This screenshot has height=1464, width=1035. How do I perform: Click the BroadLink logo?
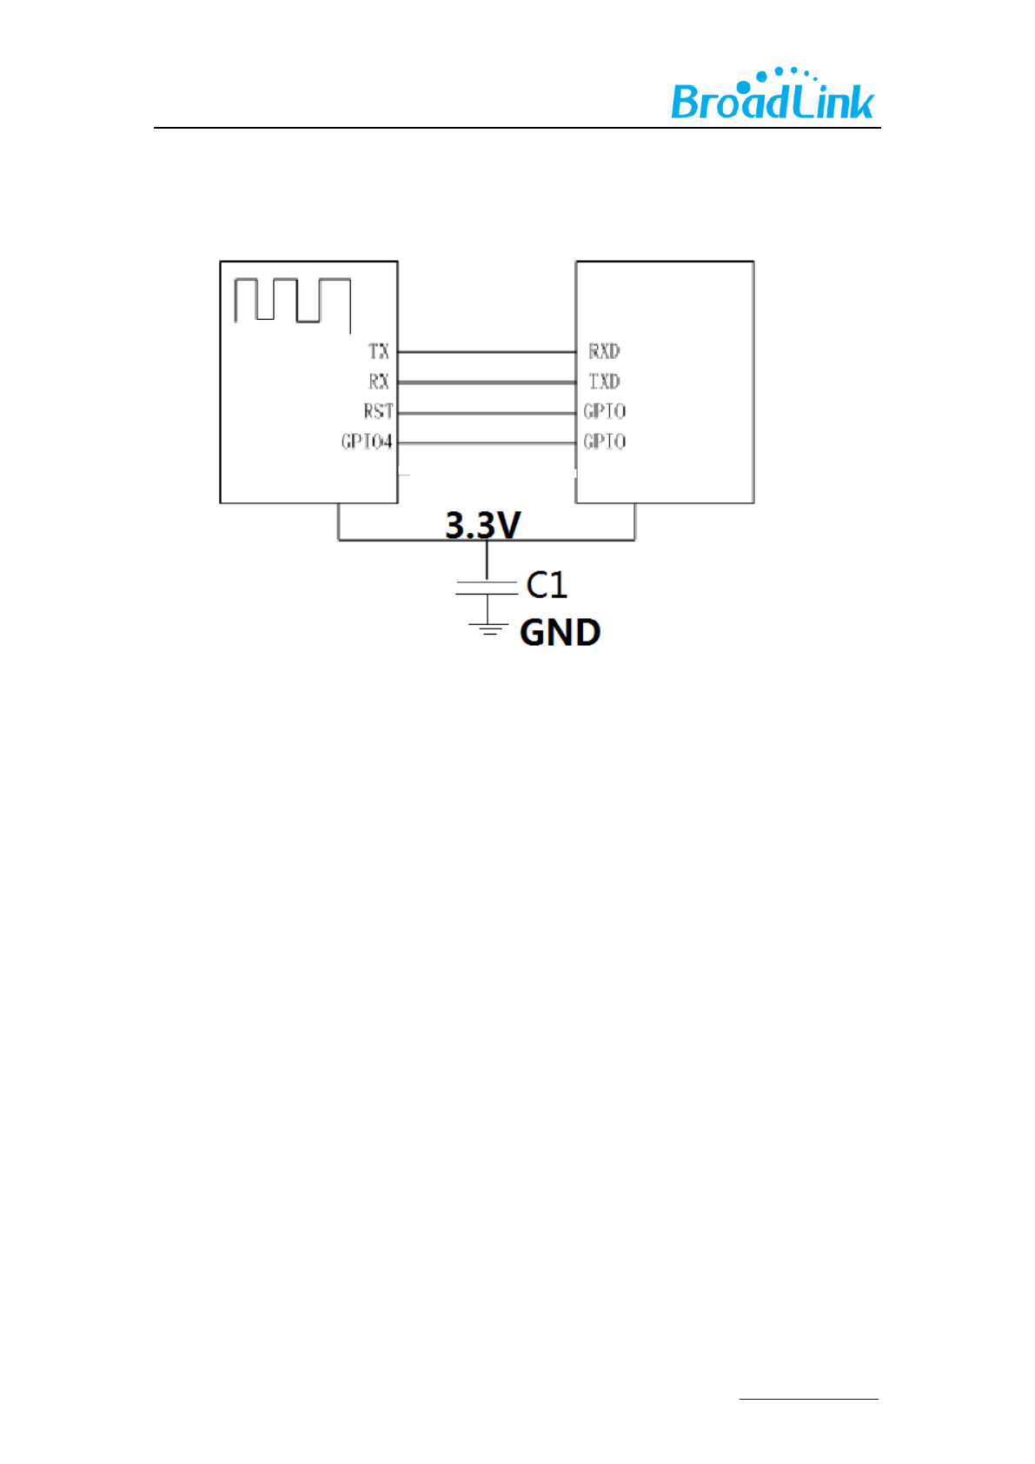pyautogui.click(x=772, y=95)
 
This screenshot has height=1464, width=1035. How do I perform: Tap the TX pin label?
pyautogui.click(x=378, y=351)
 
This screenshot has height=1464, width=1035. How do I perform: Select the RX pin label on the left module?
pyautogui.click(x=378, y=382)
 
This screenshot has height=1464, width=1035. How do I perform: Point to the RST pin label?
pyautogui.click(x=378, y=411)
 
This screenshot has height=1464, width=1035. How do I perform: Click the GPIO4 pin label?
pyautogui.click(x=367, y=442)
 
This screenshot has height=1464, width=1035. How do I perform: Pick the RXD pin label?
pyautogui.click(x=604, y=351)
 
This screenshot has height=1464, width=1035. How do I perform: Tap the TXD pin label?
pyautogui.click(x=604, y=382)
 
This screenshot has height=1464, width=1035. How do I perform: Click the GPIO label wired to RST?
pyautogui.click(x=604, y=411)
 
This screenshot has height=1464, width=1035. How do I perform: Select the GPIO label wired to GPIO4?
pyautogui.click(x=604, y=442)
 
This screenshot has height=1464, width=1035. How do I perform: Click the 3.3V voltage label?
pyautogui.click(x=482, y=525)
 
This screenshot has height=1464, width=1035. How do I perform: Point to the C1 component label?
pyautogui.click(x=547, y=585)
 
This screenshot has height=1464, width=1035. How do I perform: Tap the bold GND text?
pyautogui.click(x=560, y=633)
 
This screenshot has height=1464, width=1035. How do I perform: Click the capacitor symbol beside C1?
pyautogui.click(x=487, y=588)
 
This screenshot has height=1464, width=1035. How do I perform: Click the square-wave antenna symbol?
pyautogui.click(x=292, y=303)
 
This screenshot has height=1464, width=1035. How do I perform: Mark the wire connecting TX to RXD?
pyautogui.click(x=487, y=352)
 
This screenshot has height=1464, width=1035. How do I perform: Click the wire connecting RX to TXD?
pyautogui.click(x=487, y=382)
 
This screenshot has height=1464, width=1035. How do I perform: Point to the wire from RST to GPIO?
pyautogui.click(x=487, y=412)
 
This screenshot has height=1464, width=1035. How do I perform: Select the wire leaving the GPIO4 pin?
pyautogui.click(x=487, y=443)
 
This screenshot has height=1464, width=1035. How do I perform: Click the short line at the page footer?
pyautogui.click(x=808, y=1399)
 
